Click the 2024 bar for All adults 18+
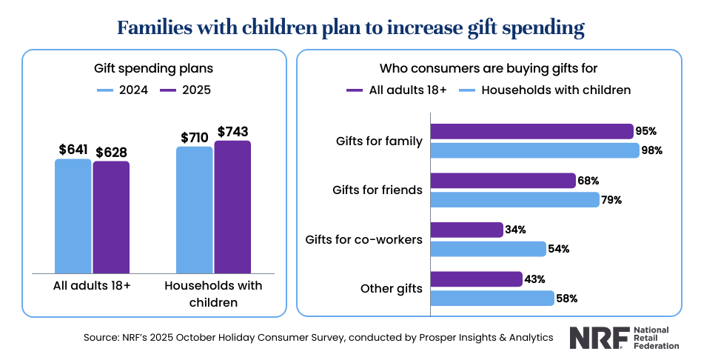(73, 216)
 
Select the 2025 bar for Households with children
(232, 207)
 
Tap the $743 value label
(232, 131)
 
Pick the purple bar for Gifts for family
(531, 131)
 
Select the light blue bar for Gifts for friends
(514, 199)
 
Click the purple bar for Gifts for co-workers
(466, 230)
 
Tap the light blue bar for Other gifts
(492, 298)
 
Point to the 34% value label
(515, 230)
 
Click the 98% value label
(652, 150)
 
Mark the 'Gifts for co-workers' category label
(363, 239)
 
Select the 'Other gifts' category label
(391, 288)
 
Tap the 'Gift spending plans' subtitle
(153, 68)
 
